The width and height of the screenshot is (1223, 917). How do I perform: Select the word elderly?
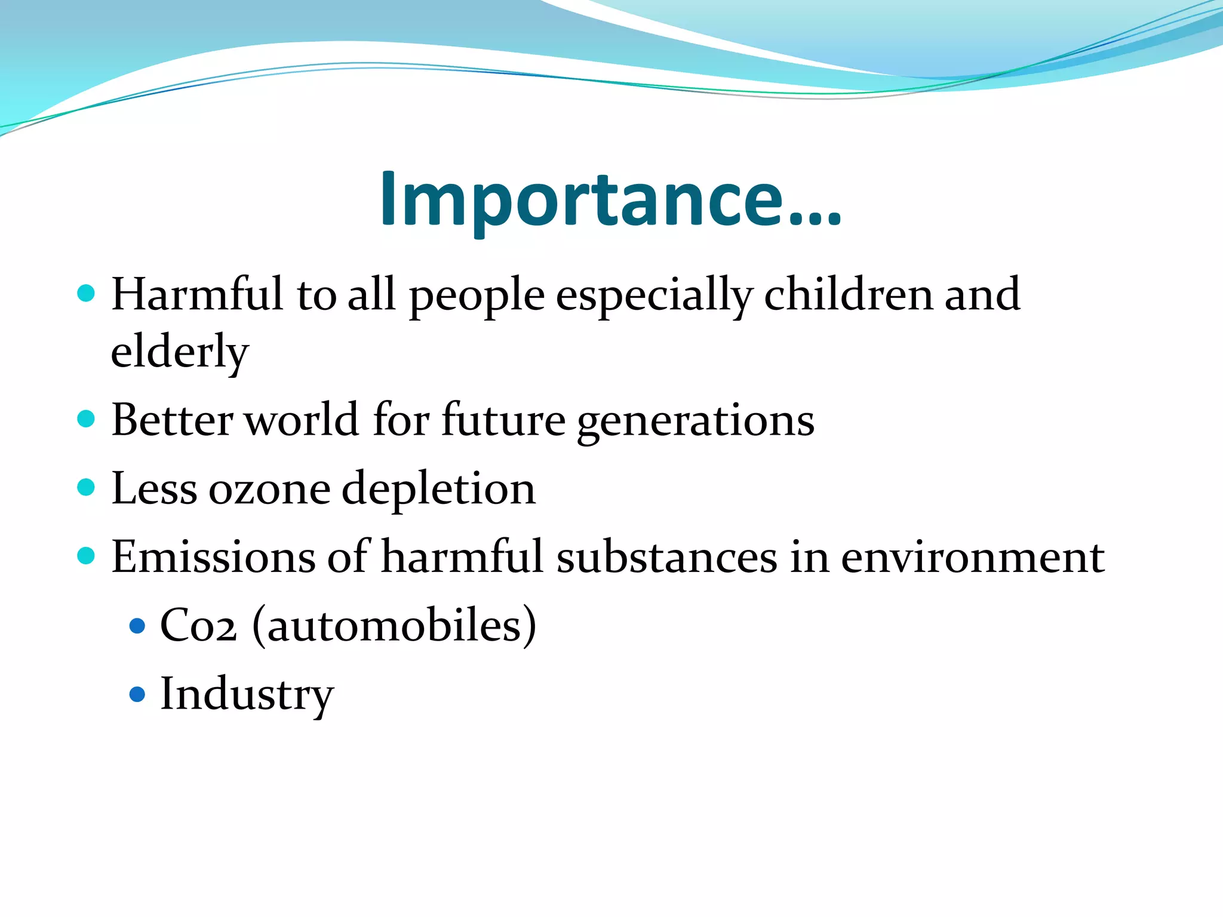coord(179,352)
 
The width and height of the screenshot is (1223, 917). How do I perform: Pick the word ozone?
coord(269,489)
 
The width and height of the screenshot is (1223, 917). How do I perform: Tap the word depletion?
coord(438,489)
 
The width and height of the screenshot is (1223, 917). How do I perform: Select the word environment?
coord(973,557)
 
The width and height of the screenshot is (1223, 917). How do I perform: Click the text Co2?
coord(198,626)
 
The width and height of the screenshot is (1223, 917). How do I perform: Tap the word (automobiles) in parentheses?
coord(394,626)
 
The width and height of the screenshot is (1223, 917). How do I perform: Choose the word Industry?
coord(247,694)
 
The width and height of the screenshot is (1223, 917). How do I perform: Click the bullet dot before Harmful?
coord(87,293)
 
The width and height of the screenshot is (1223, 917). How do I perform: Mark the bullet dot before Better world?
coord(87,419)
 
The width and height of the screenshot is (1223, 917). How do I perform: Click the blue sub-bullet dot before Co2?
coord(137,626)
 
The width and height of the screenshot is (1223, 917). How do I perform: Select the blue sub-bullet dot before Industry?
coord(137,694)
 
